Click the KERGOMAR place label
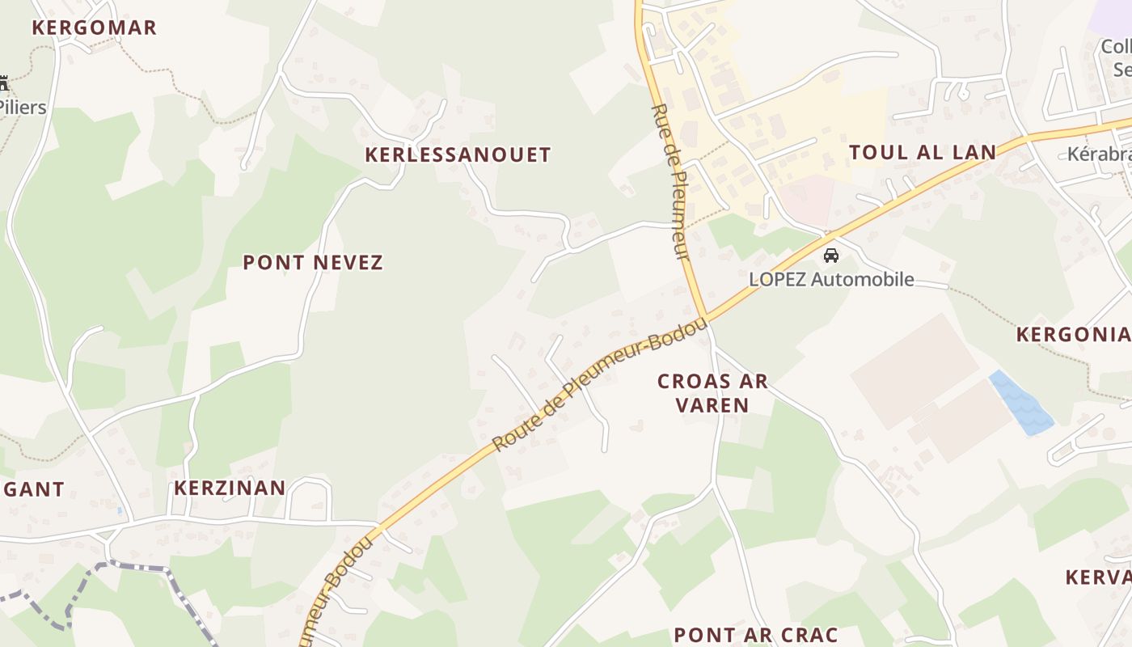[94, 27]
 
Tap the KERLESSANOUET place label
[458, 154]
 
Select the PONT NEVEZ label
[313, 262]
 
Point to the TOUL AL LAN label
[923, 152]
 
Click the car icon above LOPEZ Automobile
[830, 256]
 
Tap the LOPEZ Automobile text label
[831, 280]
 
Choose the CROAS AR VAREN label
[712, 393]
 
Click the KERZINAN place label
[230, 488]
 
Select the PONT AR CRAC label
[755, 634]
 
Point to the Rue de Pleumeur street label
[671, 182]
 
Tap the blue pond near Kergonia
[1021, 403]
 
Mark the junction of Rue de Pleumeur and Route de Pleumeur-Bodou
[705, 316]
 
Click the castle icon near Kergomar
[3, 82]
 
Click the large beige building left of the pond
[914, 372]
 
